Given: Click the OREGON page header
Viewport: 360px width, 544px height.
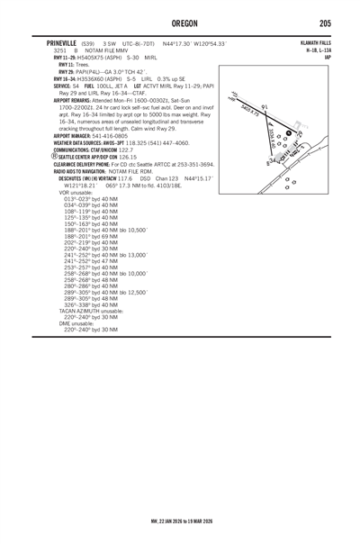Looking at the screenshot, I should (180, 23).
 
